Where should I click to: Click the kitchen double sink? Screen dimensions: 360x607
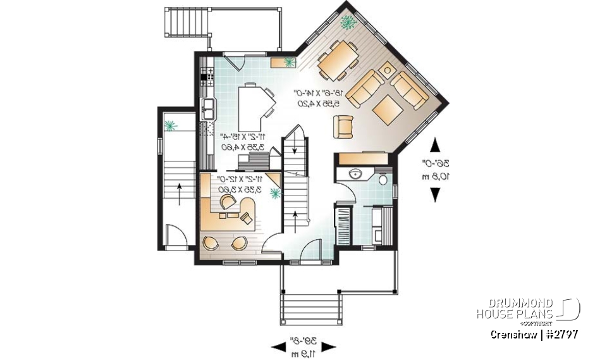coord(208,108)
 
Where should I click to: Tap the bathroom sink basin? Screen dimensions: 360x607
coord(353,173)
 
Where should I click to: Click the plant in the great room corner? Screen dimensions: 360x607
coord(348,23)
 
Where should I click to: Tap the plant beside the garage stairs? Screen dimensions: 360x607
coord(169,125)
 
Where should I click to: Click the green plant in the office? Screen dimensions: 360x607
coord(275,194)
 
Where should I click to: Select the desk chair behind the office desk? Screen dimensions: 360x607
coord(226,202)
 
